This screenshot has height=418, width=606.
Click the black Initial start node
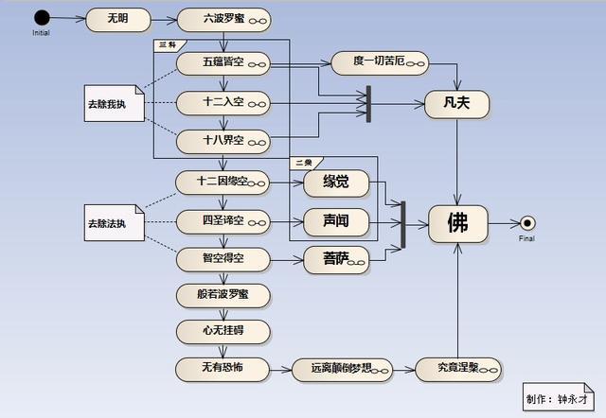(41, 18)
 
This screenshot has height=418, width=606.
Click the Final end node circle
(528, 223)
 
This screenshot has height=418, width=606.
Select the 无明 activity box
(116, 19)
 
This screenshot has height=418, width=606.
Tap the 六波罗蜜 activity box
(223, 19)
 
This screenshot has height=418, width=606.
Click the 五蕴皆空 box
(223, 63)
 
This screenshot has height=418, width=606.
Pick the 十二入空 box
(223, 102)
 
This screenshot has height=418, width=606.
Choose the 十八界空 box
(223, 141)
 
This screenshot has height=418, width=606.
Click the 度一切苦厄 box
(380, 63)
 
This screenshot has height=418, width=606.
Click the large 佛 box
(458, 223)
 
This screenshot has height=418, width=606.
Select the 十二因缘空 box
(223, 182)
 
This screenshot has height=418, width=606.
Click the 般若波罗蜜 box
(223, 294)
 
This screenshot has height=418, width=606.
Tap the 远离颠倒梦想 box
(340, 369)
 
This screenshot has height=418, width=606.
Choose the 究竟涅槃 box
(458, 369)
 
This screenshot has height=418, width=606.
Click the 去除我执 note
(113, 102)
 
